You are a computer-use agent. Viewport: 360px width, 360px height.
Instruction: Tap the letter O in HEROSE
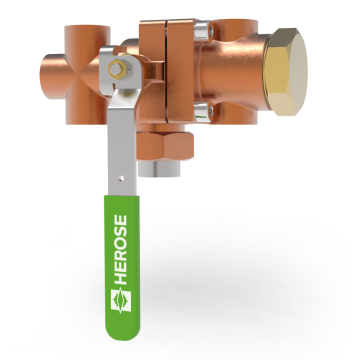120,242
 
